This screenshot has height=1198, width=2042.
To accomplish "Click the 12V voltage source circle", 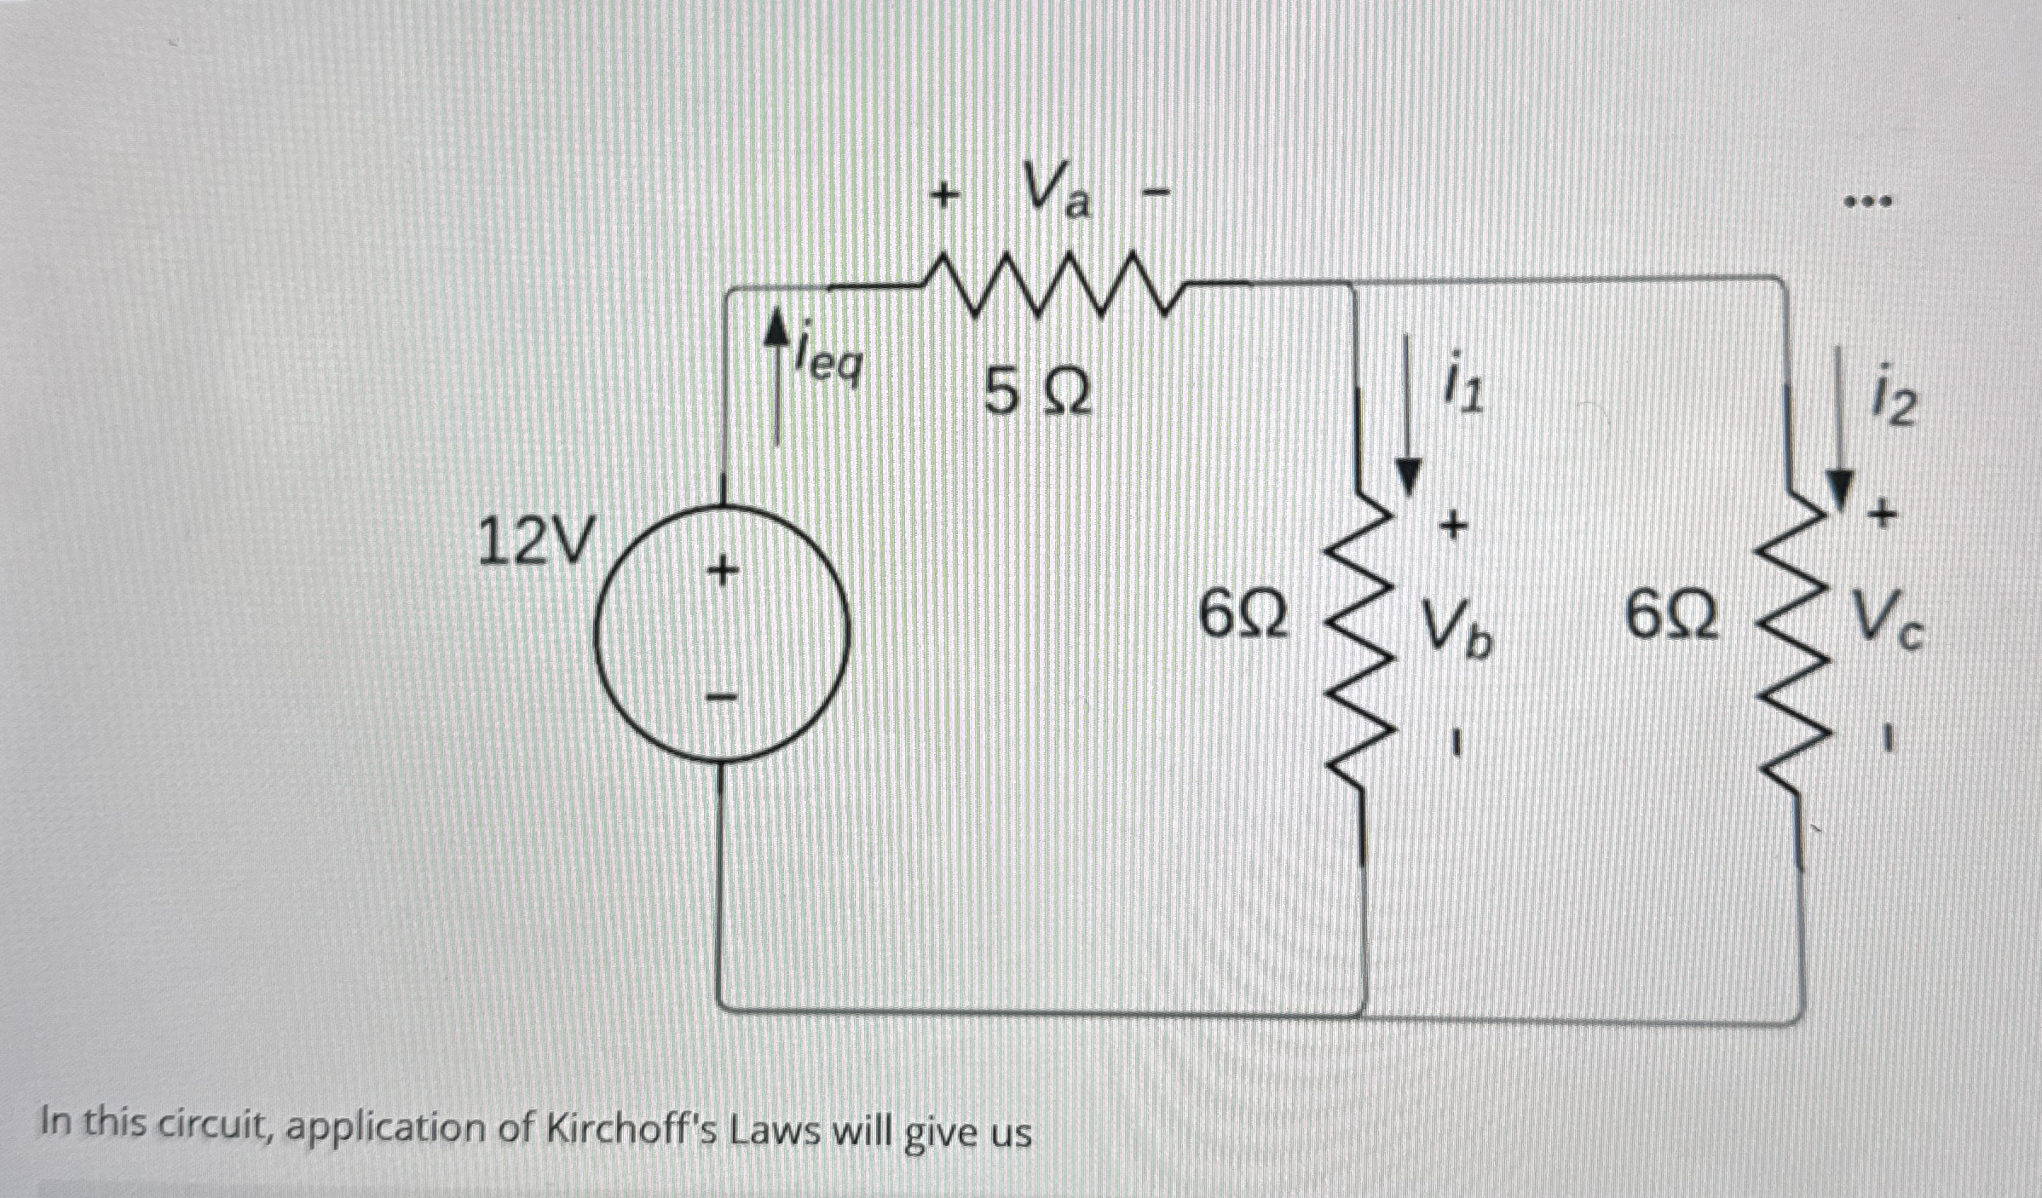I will tap(723, 632).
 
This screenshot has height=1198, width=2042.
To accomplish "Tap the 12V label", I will tap(533, 542).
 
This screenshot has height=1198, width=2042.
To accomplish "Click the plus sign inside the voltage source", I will tap(722, 571).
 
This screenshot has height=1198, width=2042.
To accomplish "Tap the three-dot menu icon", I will tap(1868, 203).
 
